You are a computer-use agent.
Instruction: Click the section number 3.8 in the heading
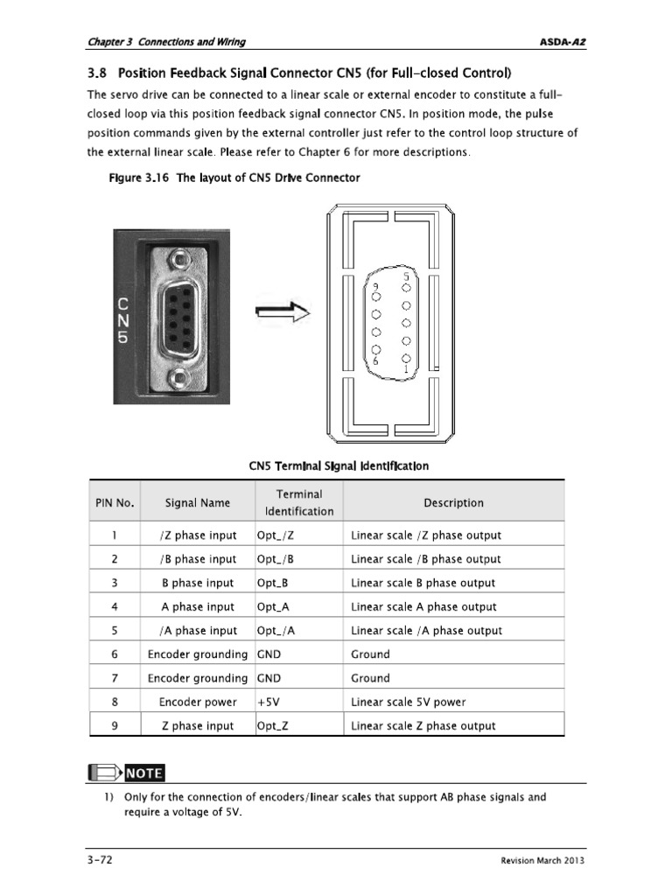click(x=97, y=72)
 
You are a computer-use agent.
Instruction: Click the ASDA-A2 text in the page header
click(x=563, y=41)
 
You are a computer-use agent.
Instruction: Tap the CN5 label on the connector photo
click(x=124, y=319)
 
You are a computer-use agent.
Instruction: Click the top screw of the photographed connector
click(x=178, y=259)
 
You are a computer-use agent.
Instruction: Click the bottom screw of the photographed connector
click(x=178, y=378)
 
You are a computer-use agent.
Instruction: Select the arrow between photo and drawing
click(x=283, y=312)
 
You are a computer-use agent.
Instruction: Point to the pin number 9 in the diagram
click(x=375, y=286)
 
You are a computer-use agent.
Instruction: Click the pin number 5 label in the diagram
click(x=406, y=276)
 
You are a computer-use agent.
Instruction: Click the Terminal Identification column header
click(x=299, y=502)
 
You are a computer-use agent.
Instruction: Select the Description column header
click(x=453, y=502)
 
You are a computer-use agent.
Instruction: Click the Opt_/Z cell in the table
click(x=276, y=535)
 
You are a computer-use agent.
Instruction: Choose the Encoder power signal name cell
click(x=198, y=702)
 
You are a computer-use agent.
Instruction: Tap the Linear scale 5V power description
click(x=409, y=702)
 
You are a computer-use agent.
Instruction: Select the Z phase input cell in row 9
click(x=198, y=725)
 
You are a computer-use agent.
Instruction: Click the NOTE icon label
click(x=143, y=773)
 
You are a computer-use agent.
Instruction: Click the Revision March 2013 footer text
click(x=542, y=861)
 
